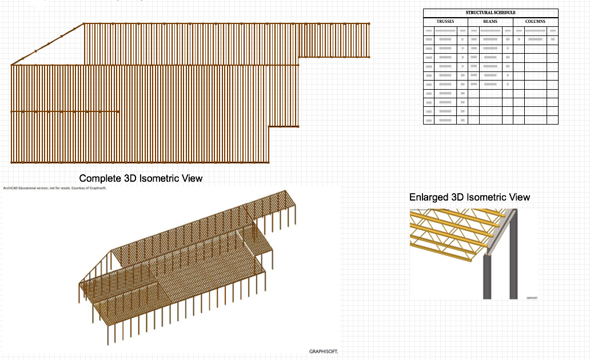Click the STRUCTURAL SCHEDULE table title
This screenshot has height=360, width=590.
click(x=491, y=13)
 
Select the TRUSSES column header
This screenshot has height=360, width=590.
click(x=445, y=22)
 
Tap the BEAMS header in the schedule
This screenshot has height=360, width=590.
click(x=490, y=22)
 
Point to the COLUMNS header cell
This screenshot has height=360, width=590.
click(x=535, y=22)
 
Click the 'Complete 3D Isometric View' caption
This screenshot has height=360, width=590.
click(x=141, y=178)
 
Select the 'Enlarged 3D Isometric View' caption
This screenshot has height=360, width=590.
click(x=469, y=197)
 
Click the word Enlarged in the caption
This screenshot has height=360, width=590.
click(x=428, y=197)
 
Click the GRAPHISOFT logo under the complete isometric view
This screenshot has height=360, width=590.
click(x=324, y=351)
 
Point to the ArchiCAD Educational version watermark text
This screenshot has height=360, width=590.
click(x=54, y=187)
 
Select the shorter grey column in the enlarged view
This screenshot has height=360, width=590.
click(x=487, y=277)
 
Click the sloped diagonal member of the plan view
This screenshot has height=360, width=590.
click(x=47, y=45)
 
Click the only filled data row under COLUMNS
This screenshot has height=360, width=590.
click(x=535, y=39)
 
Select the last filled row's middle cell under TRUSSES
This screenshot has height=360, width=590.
click(x=445, y=120)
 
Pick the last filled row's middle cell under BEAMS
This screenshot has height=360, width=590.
click(x=490, y=84)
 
